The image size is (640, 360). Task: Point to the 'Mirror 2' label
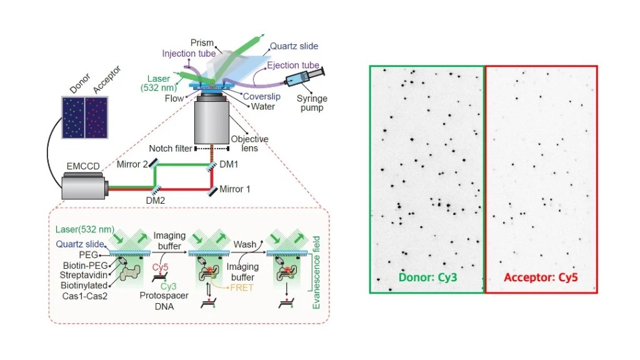pos(132,164)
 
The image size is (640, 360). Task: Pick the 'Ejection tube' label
pos(293,65)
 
